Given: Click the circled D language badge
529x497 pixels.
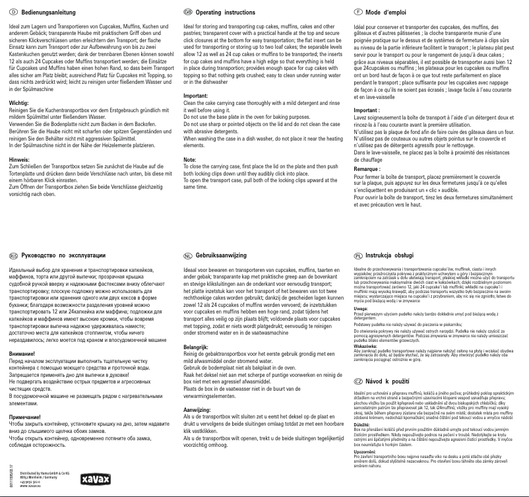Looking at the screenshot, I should click(13, 13).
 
